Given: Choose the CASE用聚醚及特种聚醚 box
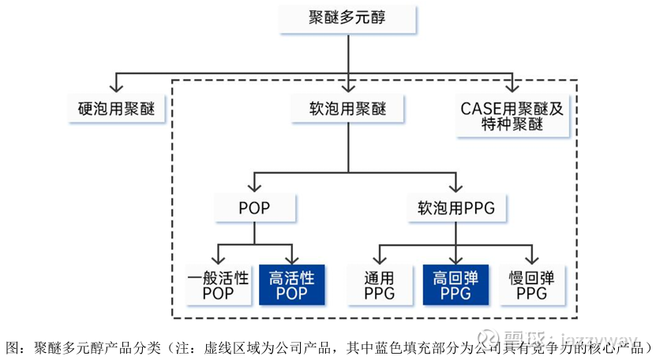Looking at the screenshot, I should click(513, 116).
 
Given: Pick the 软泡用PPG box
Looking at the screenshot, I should click(455, 207).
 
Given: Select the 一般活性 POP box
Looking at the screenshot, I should click(219, 284).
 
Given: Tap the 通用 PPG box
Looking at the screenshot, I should click(380, 284).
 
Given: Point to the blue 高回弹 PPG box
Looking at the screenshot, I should click(456, 284).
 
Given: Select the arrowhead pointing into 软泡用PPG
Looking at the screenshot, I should click(456, 186).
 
